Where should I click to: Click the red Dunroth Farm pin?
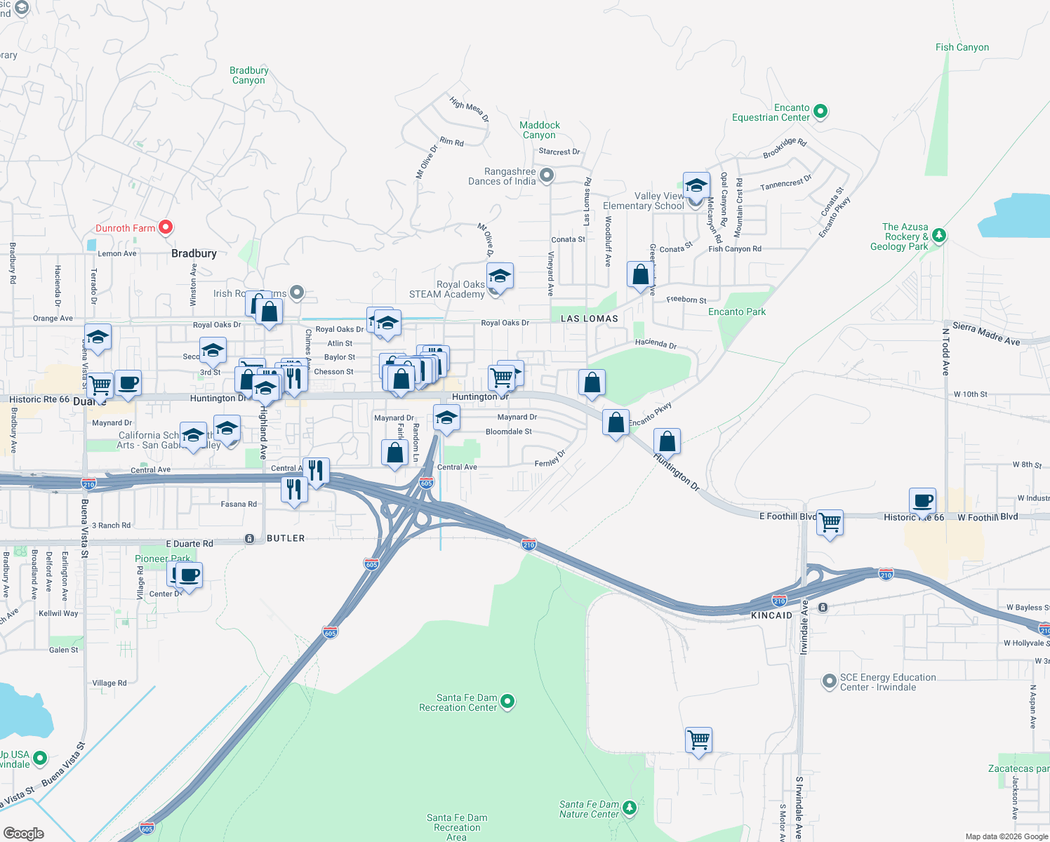click(x=166, y=227)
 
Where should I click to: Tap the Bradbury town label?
click(x=194, y=253)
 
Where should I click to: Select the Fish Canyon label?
click(x=962, y=47)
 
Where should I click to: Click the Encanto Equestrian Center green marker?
click(x=820, y=111)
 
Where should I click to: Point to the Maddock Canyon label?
click(x=539, y=130)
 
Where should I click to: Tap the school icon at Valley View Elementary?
click(x=696, y=187)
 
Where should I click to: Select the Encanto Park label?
click(x=737, y=312)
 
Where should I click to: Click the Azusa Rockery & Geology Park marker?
click(x=939, y=236)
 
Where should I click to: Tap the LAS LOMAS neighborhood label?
click(x=590, y=319)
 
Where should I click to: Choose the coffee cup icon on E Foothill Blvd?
click(x=922, y=502)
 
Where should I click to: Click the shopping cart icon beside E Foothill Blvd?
click(x=830, y=522)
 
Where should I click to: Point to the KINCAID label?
click(x=771, y=615)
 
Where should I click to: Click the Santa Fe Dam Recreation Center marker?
click(x=507, y=701)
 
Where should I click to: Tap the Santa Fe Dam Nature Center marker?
click(x=630, y=808)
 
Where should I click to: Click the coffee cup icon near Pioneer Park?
click(x=187, y=576)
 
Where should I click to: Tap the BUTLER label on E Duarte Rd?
click(x=286, y=538)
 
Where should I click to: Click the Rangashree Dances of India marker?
click(x=547, y=175)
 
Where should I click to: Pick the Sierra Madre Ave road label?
click(x=986, y=334)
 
